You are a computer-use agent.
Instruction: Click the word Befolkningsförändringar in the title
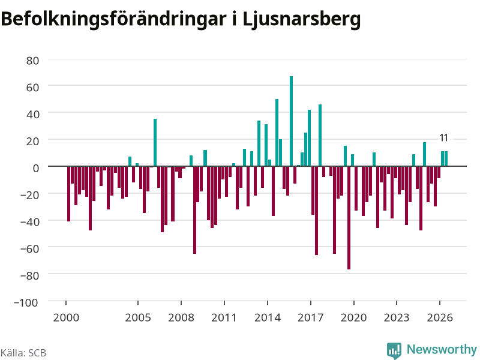point(113,19)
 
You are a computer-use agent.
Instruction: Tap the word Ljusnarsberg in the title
point(302,19)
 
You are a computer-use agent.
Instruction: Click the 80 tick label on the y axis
point(32,61)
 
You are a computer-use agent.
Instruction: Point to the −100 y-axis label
point(26,302)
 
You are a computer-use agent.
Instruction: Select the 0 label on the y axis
point(36,168)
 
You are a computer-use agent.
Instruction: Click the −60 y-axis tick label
point(29,248)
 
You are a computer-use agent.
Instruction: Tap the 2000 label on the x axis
point(66,317)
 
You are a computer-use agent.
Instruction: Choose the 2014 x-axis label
point(267,317)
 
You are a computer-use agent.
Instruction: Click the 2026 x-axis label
point(440,317)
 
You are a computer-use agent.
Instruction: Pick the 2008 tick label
point(181,317)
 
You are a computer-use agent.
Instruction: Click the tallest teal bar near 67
point(291,121)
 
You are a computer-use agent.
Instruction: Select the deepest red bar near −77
point(349,218)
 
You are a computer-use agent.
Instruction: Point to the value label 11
point(444,138)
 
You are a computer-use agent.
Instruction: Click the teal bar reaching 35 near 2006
point(155,143)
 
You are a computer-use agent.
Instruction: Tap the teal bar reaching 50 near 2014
point(277,133)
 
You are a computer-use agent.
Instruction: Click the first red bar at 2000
point(68,194)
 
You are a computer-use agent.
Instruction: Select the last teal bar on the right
point(446,158)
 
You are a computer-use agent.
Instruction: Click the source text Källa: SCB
point(23,353)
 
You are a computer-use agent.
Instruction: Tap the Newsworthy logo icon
point(394,350)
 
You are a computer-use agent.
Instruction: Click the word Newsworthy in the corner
point(442,349)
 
